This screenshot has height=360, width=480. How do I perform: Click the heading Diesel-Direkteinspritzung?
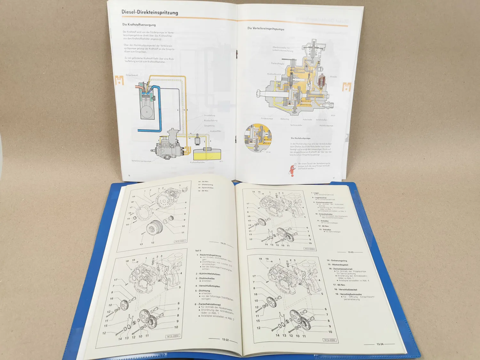click(149, 12)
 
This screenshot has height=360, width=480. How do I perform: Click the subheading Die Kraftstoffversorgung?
click(139, 25)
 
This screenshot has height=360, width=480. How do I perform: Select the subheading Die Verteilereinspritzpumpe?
click(266, 29)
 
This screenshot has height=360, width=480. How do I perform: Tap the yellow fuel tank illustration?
click(207, 154)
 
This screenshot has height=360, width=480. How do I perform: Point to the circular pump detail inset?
click(258, 138)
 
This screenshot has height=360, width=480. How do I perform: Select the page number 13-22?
click(225, 340)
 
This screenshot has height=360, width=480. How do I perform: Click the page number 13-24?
click(380, 344)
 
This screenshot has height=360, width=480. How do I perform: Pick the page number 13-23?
click(351, 252)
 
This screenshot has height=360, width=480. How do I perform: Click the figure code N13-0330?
click(309, 249)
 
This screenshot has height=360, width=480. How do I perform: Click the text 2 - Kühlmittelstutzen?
click(208, 274)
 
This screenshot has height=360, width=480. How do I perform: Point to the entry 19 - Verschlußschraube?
click(348, 294)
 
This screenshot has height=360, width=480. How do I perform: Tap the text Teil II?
click(198, 251)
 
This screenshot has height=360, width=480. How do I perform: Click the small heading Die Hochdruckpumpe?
click(300, 138)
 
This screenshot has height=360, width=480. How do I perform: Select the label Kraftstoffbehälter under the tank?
click(197, 162)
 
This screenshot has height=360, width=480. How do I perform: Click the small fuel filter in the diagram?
click(197, 140)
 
